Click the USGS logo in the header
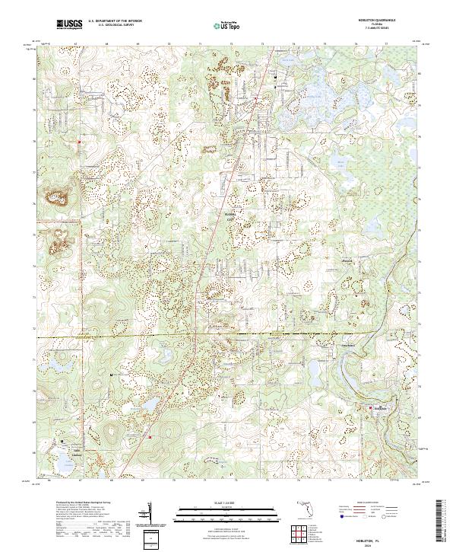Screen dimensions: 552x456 click(69, 25)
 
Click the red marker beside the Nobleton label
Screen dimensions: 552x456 click(371, 409)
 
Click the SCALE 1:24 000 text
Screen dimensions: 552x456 click(227, 503)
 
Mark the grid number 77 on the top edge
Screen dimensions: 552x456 click(386, 43)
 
